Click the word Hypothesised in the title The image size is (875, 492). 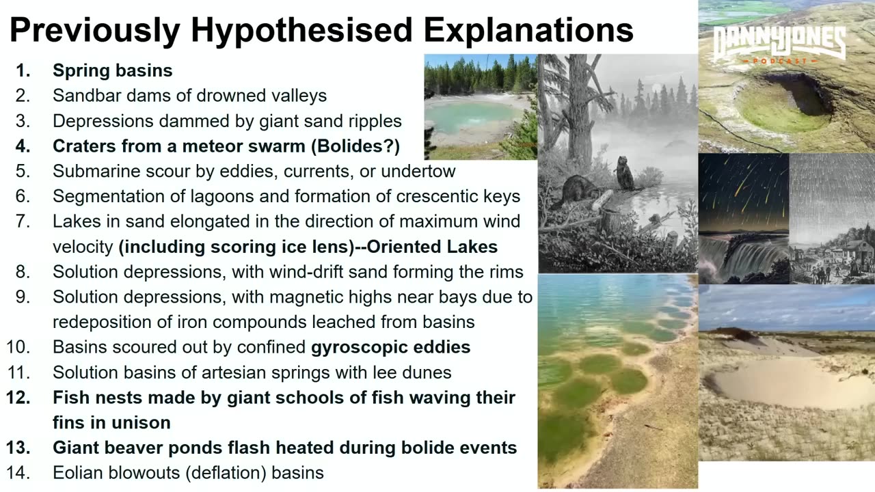[x=301, y=30]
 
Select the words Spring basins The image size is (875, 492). [x=112, y=70]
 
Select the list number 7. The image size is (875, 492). [x=23, y=221]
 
